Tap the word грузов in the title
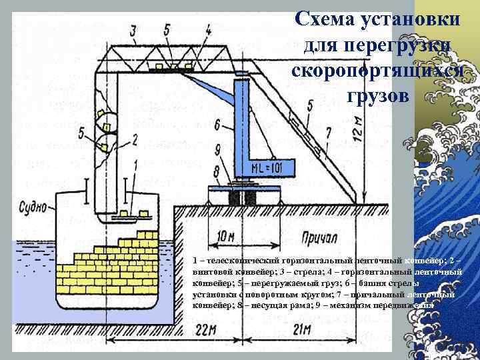tap(377, 95)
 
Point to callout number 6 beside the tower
tap(217, 125)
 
